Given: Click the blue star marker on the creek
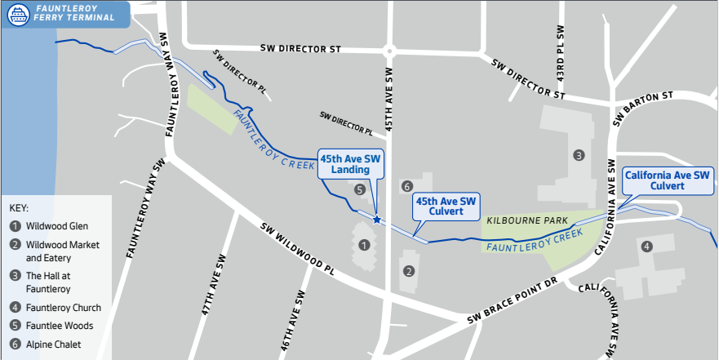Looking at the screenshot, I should tap(376, 219).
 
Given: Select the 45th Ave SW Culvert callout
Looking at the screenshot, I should tap(446, 206).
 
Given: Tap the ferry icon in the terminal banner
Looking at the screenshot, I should tap(19, 13).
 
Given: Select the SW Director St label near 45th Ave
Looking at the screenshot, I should tap(300, 49).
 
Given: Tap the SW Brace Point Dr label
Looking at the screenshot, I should tap(513, 301).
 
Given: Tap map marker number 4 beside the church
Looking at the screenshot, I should tap(646, 246).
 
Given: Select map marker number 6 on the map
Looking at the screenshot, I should tap(406, 187).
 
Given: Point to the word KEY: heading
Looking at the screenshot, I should tap(20, 207).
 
